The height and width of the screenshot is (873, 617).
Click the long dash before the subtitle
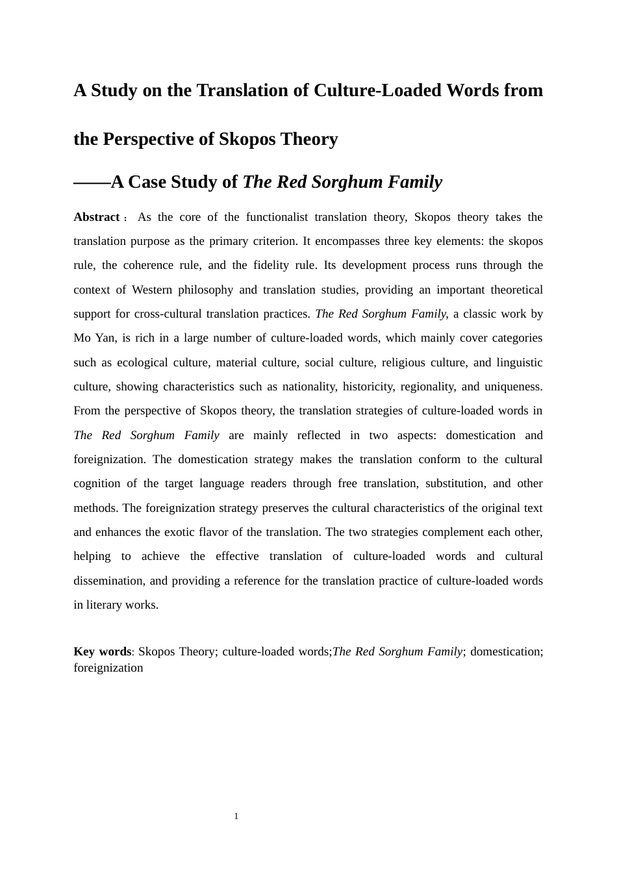(x=92, y=183)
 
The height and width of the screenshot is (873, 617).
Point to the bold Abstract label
(x=96, y=217)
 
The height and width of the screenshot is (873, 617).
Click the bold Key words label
(x=102, y=652)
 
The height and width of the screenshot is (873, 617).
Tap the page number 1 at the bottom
(x=236, y=816)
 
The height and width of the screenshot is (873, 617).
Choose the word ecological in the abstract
(x=140, y=362)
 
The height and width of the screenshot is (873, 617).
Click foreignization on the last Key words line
(x=108, y=668)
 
